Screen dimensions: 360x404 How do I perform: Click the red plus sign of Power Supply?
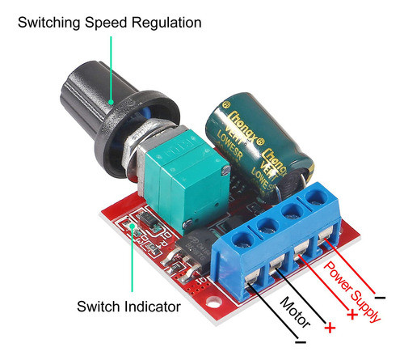point(353,315)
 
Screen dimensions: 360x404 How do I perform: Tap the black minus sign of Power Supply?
point(380,299)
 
